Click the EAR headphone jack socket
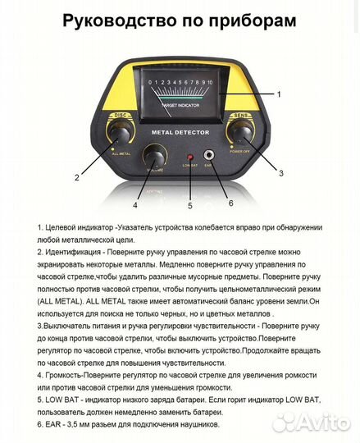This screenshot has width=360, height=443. (x=208, y=154)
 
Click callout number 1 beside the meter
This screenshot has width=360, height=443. (x=278, y=94)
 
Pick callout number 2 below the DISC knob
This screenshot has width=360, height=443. (x=76, y=176)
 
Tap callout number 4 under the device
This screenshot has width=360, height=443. (x=136, y=194)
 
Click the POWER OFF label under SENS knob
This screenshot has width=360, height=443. (x=241, y=150)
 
